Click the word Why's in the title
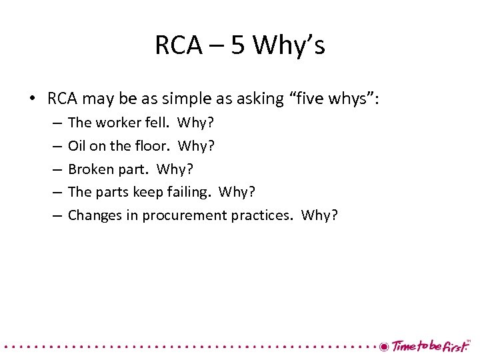[289, 46]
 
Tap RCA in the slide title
[177, 46]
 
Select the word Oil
[77, 146]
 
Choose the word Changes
[92, 215]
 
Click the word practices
[261, 215]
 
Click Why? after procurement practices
[320, 215]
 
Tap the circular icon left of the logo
[384, 346]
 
